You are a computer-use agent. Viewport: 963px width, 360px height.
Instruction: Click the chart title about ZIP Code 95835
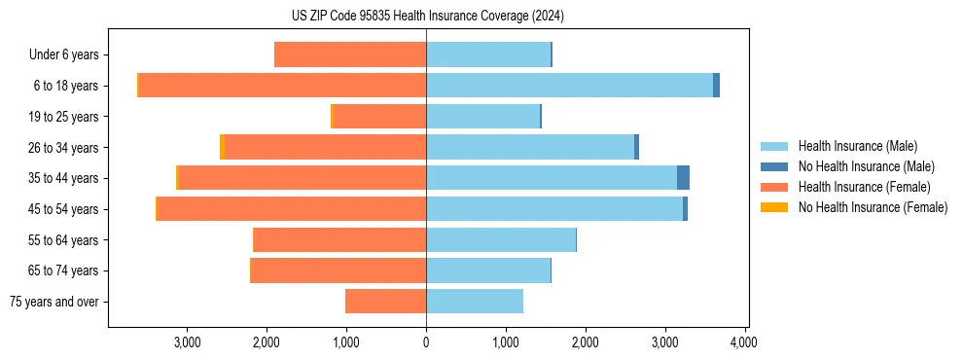click(x=427, y=16)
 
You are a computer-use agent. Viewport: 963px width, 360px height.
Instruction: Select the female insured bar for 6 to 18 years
click(x=282, y=86)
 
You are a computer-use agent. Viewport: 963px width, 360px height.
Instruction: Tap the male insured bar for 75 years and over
click(x=475, y=302)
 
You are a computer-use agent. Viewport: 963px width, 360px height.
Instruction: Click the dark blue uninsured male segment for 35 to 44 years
click(x=683, y=178)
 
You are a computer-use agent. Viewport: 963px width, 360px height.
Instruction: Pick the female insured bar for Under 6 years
click(x=350, y=54)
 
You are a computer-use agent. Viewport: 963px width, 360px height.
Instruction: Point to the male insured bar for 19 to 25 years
click(x=482, y=117)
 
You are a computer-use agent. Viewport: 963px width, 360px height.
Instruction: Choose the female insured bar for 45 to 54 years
click(x=292, y=209)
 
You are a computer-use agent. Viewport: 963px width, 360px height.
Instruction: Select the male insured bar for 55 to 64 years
click(x=501, y=240)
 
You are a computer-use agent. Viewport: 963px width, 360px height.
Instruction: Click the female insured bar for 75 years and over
click(x=386, y=302)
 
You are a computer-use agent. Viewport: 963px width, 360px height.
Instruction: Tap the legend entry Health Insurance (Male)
click(x=857, y=146)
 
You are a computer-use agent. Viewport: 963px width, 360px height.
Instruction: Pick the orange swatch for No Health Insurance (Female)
click(x=774, y=207)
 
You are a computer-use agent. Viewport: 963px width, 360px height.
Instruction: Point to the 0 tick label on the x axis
click(x=426, y=342)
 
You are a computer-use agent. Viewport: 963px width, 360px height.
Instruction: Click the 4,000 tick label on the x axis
click(x=744, y=342)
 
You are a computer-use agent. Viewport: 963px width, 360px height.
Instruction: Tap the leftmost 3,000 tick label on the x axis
click(x=187, y=342)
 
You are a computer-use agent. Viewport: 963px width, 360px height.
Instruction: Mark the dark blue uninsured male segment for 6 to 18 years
click(x=716, y=86)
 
